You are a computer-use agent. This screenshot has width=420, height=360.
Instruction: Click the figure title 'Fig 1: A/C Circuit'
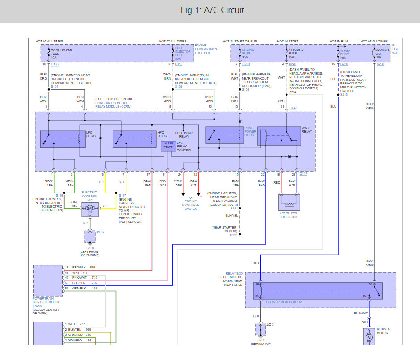click(x=212, y=10)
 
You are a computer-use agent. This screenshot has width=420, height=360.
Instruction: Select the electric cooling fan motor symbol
click(x=90, y=208)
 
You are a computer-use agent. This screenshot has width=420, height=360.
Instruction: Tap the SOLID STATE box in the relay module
click(x=168, y=145)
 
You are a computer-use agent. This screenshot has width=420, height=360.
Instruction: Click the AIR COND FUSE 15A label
click(x=296, y=54)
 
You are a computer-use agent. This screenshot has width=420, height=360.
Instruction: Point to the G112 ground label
click(x=234, y=235)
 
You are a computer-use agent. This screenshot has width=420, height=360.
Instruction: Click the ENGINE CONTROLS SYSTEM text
click(x=191, y=205)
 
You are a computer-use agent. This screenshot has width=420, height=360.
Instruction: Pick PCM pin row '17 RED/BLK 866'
click(x=80, y=267)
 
